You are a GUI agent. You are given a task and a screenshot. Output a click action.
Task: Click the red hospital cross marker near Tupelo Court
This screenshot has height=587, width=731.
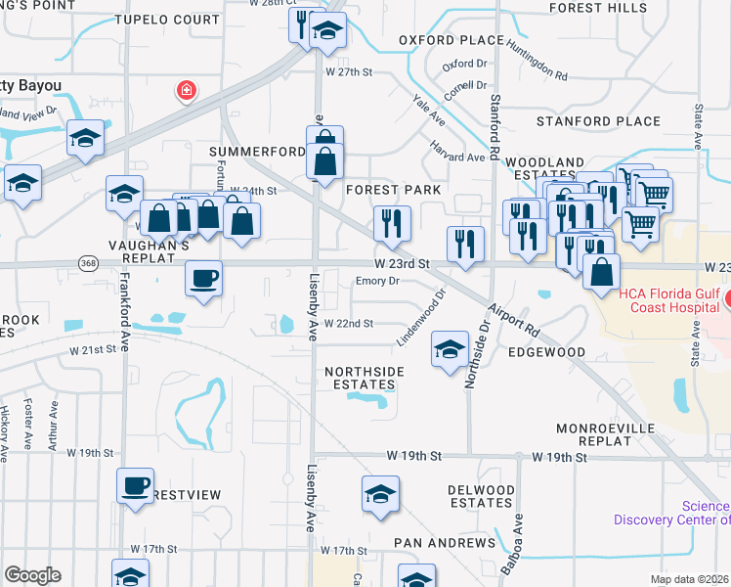[185, 92]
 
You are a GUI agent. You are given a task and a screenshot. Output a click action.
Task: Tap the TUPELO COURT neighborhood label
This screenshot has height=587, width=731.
[167, 20]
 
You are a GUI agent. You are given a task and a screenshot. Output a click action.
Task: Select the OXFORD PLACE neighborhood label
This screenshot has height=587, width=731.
[440, 40]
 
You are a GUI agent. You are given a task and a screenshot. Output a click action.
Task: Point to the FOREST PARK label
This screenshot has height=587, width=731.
[393, 189]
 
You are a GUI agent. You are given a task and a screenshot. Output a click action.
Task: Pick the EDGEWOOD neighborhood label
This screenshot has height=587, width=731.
[547, 352]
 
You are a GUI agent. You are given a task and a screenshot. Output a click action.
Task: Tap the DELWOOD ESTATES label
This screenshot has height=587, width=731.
[480, 495]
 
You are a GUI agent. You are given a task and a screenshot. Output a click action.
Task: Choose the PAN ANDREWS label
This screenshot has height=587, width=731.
[445, 542]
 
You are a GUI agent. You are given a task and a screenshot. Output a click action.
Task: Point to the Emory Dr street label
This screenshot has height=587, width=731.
[378, 281]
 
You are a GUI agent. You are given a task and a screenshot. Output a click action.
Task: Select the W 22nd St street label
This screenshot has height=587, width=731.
[349, 323]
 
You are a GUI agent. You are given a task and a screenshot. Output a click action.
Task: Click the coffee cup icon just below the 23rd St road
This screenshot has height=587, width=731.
[203, 279]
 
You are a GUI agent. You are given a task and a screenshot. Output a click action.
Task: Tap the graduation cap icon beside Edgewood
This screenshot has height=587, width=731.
[449, 350]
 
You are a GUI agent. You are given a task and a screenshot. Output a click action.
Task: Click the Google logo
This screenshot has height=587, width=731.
[32, 575]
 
